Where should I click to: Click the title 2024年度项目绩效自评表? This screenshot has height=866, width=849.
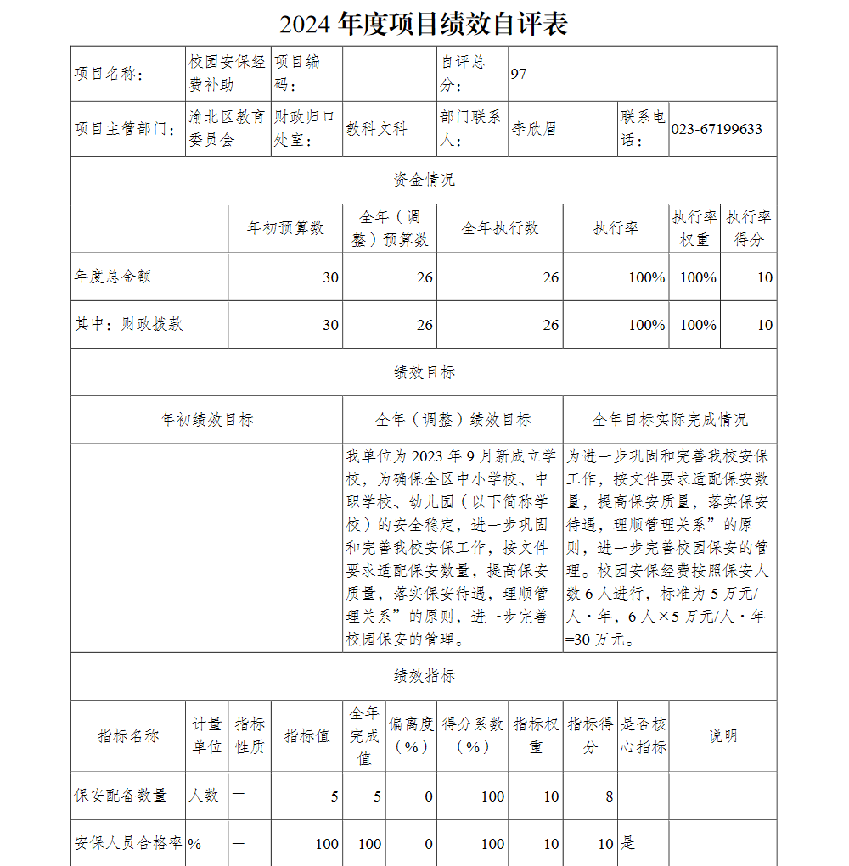tap(424, 24)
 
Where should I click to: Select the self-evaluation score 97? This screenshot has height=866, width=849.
tap(519, 74)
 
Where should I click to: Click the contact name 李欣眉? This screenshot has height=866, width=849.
tap(534, 129)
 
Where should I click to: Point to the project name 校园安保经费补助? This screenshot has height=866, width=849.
tap(227, 74)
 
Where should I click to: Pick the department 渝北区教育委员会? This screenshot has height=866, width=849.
tap(227, 129)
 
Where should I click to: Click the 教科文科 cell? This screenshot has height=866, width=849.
tap(376, 129)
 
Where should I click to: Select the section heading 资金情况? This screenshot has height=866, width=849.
tap(424, 180)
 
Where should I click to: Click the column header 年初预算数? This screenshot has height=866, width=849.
tap(285, 228)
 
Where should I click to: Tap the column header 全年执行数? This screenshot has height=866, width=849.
tap(500, 228)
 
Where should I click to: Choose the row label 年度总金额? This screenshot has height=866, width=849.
tap(113, 277)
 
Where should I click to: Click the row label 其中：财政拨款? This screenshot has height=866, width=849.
tap(128, 324)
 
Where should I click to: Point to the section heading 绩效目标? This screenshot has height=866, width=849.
tap(424, 372)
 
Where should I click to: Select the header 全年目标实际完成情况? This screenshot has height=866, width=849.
tap(670, 420)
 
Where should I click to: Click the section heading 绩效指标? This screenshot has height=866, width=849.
tap(424, 676)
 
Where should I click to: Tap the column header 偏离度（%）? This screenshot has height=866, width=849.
tap(412, 735)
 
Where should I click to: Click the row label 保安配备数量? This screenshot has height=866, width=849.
tap(121, 796)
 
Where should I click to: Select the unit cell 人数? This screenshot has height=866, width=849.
tap(203, 796)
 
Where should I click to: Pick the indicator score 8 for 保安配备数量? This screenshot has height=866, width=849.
tap(608, 796)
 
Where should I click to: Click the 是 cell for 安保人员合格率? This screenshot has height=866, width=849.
tap(628, 843)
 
